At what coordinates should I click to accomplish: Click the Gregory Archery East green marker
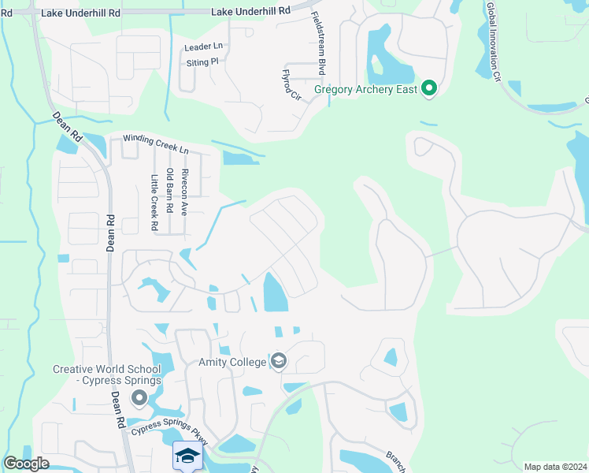click(x=428, y=88)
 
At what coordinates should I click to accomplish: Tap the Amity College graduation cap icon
click(x=278, y=361)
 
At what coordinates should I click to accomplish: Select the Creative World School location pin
click(x=139, y=399)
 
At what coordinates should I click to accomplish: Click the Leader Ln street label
click(x=203, y=47)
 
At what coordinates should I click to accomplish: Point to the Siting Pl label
click(x=202, y=62)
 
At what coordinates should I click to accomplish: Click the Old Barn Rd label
click(x=169, y=196)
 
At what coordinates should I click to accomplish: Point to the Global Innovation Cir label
click(x=494, y=41)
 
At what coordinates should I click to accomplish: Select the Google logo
click(x=26, y=464)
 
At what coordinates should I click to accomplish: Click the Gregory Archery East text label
click(x=365, y=89)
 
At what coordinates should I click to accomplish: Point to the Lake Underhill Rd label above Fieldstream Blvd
click(x=251, y=12)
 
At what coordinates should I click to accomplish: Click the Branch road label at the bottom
click(x=395, y=460)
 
